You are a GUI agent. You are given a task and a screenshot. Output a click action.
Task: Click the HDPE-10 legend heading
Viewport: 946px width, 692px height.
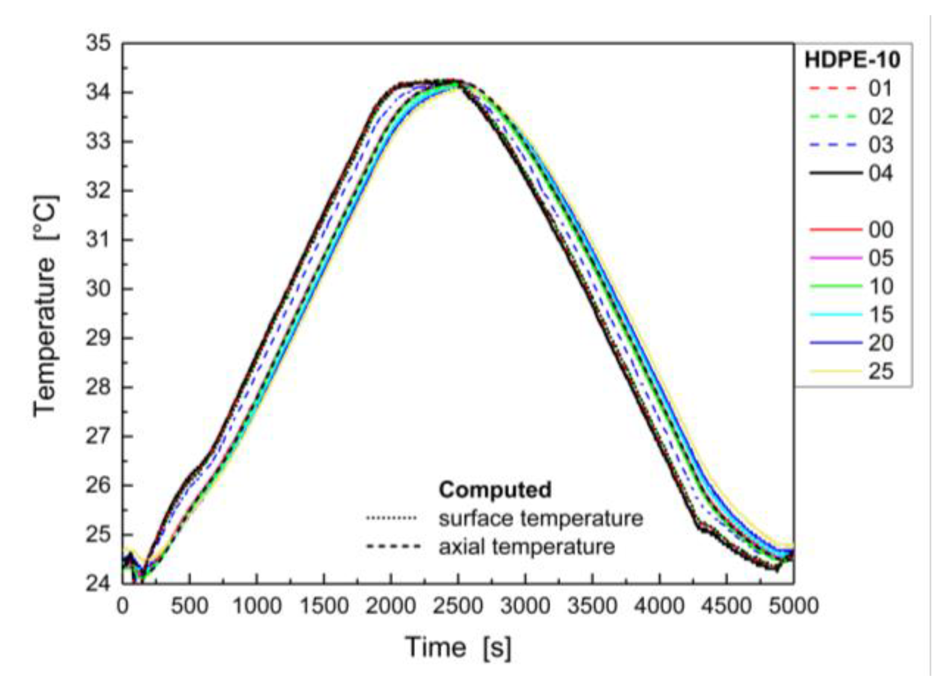(x=852, y=60)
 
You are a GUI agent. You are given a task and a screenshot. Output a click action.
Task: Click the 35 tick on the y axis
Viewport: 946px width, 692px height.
(x=99, y=43)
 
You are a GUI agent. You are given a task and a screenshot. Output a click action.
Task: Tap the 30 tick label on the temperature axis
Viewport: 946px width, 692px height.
(x=99, y=288)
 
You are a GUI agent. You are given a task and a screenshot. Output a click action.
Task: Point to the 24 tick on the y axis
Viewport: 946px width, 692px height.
(x=99, y=583)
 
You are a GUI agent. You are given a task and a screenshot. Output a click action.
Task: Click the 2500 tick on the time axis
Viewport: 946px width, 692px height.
(x=458, y=606)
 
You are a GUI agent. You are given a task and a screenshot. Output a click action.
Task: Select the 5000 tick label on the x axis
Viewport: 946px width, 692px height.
(x=793, y=606)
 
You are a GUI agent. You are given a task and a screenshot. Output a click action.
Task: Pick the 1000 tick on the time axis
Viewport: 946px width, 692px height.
(x=256, y=606)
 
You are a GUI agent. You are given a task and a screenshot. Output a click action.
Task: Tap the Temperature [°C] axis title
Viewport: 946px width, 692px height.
(x=46, y=307)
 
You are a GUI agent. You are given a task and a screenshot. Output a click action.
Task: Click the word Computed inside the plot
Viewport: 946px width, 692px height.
(x=495, y=489)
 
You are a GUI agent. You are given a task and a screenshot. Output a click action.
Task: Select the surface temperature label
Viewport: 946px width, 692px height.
(x=540, y=518)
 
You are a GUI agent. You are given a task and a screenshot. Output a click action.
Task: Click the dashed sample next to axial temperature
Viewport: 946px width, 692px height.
(x=393, y=546)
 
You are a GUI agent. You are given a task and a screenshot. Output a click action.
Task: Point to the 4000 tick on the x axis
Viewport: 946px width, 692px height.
(x=659, y=606)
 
